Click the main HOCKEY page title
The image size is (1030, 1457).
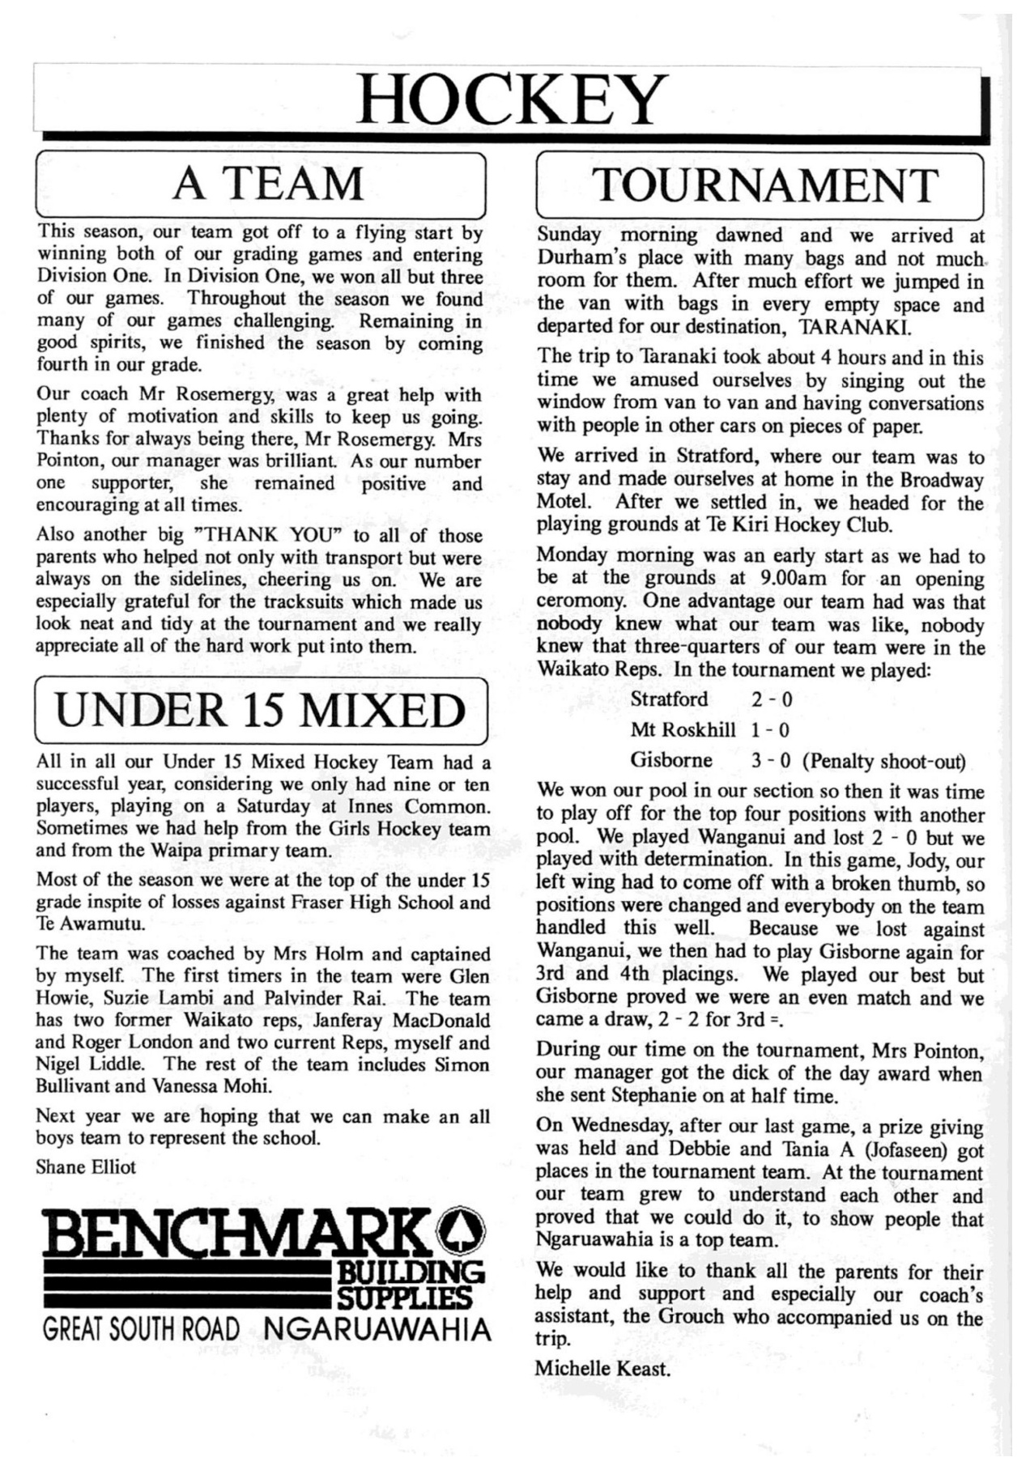point(512,100)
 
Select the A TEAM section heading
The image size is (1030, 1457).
point(268,185)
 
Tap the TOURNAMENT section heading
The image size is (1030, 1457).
point(765,185)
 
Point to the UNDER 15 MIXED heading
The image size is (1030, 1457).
point(261,710)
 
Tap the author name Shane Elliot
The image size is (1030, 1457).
point(86,1166)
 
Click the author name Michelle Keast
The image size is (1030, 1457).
point(602,1368)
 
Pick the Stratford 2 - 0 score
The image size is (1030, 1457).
point(771,699)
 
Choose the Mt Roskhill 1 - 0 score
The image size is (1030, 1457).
point(770,730)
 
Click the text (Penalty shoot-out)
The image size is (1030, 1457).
point(884,762)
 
